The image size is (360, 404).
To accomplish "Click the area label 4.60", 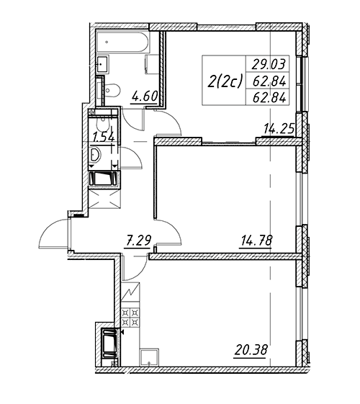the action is point(145,96).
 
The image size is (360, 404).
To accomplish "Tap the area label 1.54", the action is point(104,138).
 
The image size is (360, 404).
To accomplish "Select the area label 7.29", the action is point(137,241).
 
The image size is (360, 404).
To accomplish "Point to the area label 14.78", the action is point(256,241).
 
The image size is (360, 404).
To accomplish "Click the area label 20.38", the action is point(251,350).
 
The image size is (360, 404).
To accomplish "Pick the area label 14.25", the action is point(279,128).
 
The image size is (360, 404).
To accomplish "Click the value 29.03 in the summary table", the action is point(269,64).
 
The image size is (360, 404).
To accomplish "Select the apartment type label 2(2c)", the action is point(225,82).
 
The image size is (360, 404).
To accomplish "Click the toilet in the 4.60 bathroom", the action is point(112,91).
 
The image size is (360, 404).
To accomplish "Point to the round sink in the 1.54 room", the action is point(95,155).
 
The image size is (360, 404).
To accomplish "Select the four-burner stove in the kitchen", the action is point(130,318).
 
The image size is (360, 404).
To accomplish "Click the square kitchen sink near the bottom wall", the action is point(149,357).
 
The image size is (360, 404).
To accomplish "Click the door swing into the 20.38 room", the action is point(135,267).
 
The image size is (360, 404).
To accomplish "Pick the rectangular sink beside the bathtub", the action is point(103,64).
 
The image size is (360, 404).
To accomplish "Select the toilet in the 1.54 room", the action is point(103,123).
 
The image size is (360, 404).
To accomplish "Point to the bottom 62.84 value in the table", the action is point(269,97).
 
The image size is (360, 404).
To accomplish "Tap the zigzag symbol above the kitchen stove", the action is point(130,292).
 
